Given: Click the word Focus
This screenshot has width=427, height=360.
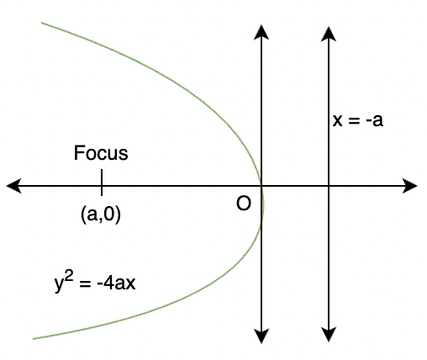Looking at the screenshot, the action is [101, 153].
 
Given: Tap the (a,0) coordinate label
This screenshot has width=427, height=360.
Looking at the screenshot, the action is [101, 214].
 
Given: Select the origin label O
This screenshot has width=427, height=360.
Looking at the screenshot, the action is [244, 204].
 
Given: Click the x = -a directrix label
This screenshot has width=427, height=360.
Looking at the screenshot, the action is [357, 120].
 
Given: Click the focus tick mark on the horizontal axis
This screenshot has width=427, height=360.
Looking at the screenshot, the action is [102, 183].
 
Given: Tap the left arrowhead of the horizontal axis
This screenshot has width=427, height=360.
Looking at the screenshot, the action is [14, 186].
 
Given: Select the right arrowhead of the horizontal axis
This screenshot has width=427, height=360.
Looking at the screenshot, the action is [410, 186].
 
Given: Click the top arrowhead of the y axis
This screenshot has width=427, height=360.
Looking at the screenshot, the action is [261, 33].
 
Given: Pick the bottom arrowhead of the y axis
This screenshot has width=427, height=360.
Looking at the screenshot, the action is [261, 336].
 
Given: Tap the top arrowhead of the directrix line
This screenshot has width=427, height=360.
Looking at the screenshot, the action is [329, 34].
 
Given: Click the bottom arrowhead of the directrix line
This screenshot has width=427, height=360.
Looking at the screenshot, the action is [329, 334].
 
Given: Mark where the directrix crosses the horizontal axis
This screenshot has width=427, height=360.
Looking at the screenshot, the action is [329, 186].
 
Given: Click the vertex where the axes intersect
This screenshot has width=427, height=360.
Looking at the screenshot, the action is [261, 186].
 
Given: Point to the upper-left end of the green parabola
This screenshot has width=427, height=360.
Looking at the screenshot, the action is [41, 23].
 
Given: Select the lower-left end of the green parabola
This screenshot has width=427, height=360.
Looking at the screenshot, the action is [34, 339].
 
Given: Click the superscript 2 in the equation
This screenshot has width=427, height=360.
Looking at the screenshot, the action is [70, 278].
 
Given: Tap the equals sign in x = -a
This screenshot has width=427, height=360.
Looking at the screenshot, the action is [354, 121].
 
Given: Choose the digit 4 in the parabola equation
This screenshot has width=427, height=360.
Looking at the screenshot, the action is [108, 283].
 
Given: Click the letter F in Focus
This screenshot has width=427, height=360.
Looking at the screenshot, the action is [78, 153].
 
